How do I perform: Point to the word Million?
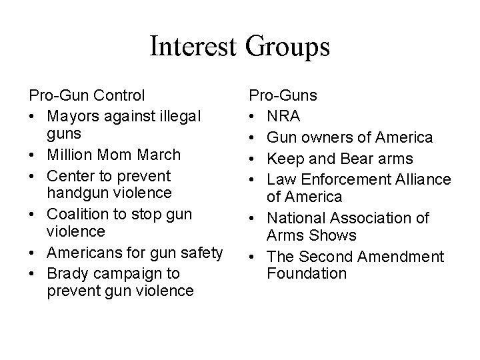tap(72, 155)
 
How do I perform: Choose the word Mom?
tap(115, 155)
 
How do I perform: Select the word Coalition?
tap(77, 215)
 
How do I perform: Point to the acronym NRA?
tap(283, 116)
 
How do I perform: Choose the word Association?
tap(375, 218)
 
